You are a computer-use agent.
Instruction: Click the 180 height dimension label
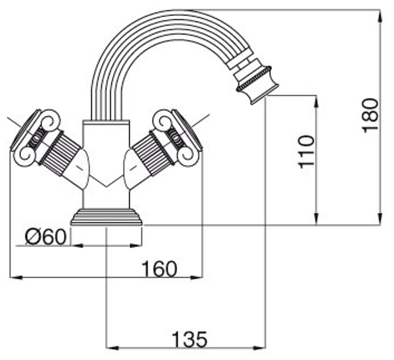[370, 115]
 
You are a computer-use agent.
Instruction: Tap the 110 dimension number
[307, 151]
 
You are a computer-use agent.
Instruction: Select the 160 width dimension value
[159, 269]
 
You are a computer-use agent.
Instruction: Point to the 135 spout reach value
[190, 340]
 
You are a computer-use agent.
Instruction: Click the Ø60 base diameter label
[45, 237]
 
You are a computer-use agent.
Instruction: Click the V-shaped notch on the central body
[106, 185]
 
